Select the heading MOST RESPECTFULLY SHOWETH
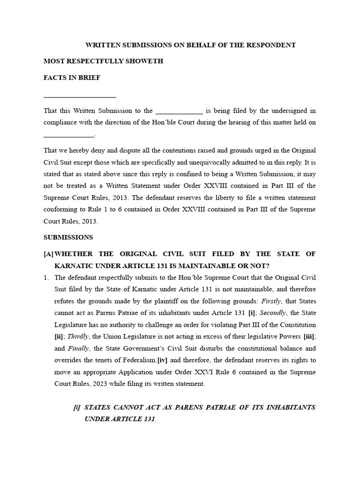pyautogui.click(x=103, y=61)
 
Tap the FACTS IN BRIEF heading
pyautogui.click(x=72, y=78)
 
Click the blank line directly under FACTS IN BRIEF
pyautogui.click(x=79, y=97)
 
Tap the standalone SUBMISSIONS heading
pyautogui.click(x=68, y=237)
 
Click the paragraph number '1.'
pyautogui.click(x=46, y=277)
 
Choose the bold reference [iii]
pyautogui.click(x=309, y=336)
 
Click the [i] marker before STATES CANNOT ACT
pyautogui.click(x=77, y=407)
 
